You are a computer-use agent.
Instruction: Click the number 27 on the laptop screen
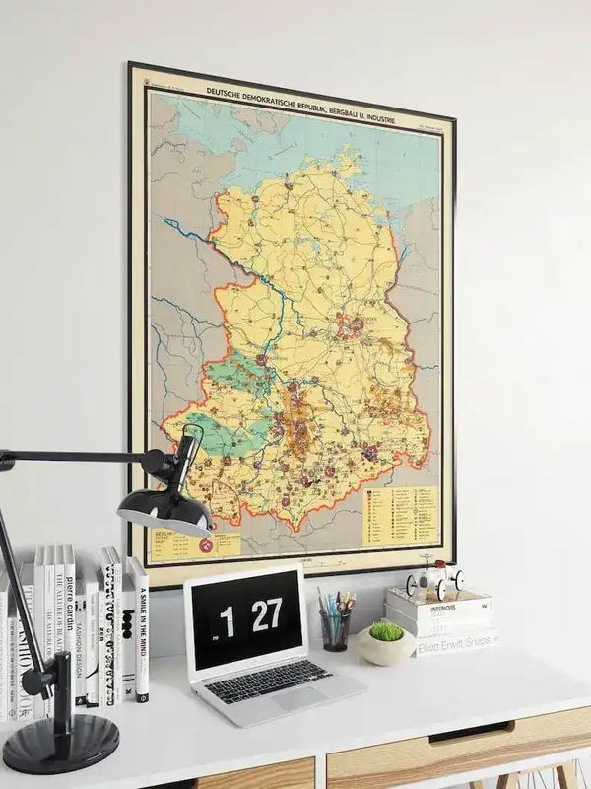click(x=266, y=615)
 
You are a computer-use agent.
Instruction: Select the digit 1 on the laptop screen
click(x=229, y=621)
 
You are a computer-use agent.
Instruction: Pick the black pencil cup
click(x=335, y=630)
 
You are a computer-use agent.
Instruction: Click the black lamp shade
click(x=164, y=510)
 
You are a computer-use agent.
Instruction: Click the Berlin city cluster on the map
click(x=350, y=325)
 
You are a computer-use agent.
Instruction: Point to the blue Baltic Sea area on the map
click(x=295, y=138)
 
